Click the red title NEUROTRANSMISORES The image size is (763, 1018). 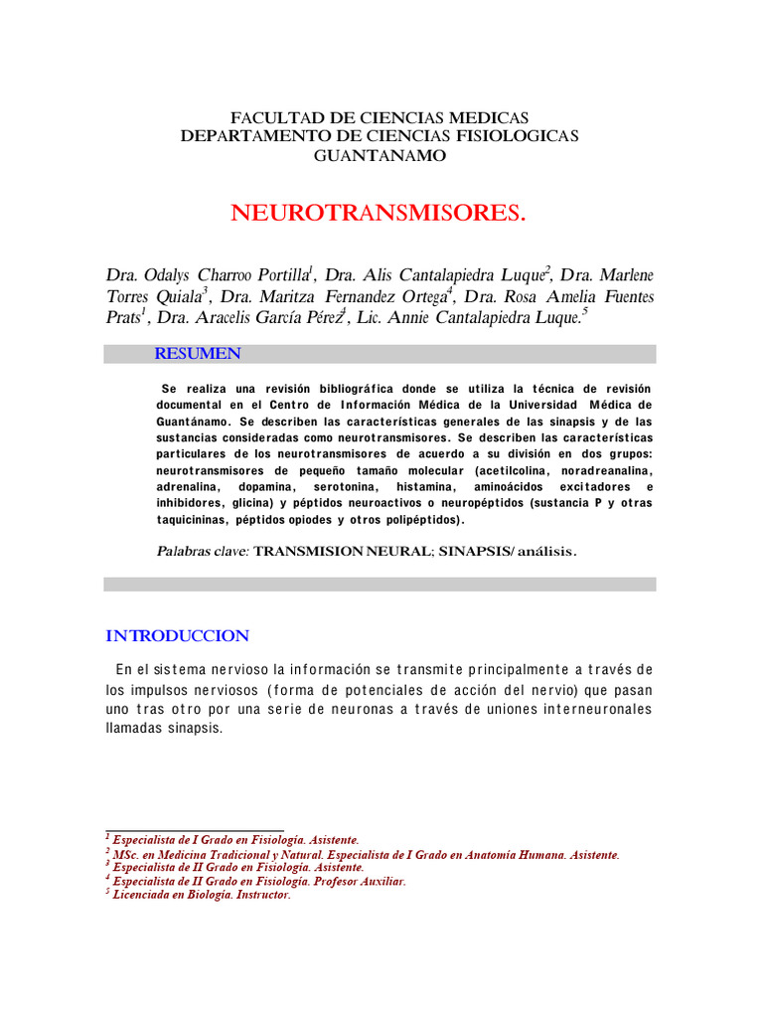tap(377, 214)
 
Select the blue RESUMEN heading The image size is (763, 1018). tap(197, 354)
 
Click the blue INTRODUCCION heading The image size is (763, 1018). tap(177, 636)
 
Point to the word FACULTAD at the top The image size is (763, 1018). tap(273, 117)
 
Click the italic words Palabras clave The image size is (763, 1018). tap(203, 551)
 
